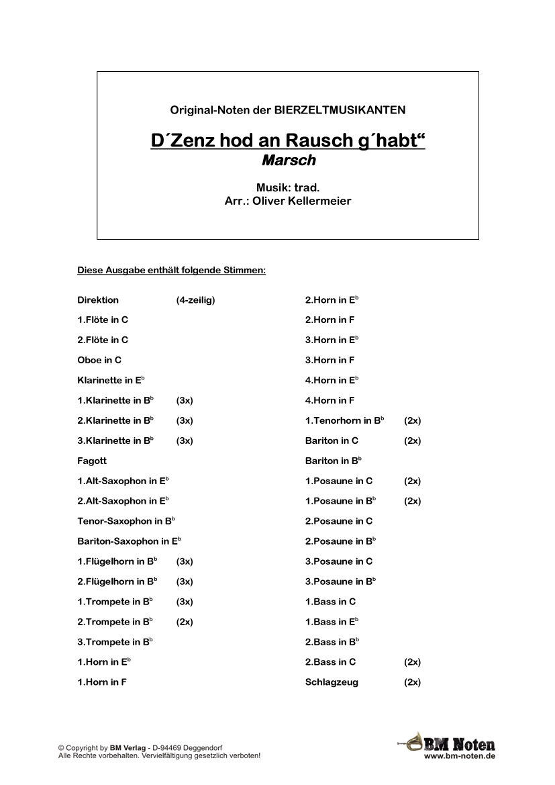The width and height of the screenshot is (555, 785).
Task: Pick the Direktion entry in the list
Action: [98, 300]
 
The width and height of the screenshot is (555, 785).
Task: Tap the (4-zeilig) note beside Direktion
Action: [195, 300]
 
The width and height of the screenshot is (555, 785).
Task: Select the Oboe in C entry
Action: [99, 361]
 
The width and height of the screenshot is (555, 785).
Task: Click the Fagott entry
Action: [92, 461]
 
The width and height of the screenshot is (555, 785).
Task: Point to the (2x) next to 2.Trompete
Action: [185, 622]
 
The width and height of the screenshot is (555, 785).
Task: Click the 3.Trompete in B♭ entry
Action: [115, 642]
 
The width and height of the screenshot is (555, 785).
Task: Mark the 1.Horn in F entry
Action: [102, 682]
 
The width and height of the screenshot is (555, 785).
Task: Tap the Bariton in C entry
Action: [332, 441]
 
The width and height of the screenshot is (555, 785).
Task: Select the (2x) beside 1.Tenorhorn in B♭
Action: [413, 421]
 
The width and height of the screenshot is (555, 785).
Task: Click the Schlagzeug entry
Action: [332, 682]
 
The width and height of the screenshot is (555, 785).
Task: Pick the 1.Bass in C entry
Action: [330, 602]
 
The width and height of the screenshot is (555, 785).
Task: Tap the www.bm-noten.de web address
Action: [460, 756]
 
